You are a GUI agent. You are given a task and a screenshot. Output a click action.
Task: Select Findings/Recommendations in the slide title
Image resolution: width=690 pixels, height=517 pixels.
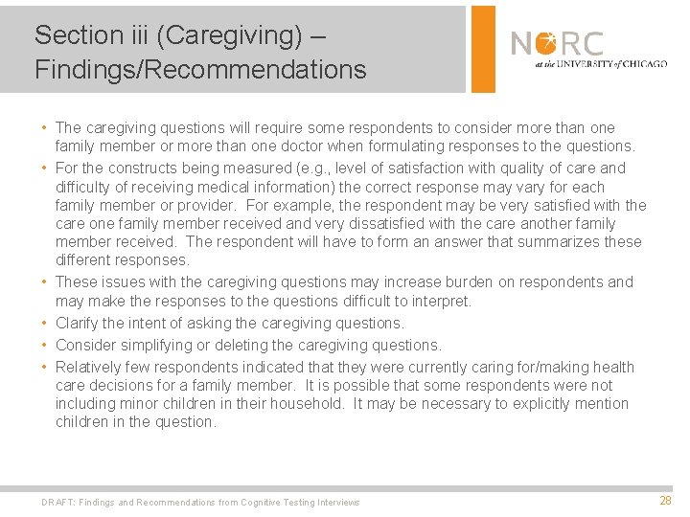click(x=200, y=70)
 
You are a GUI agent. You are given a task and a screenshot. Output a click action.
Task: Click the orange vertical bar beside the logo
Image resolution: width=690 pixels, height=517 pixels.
click(x=483, y=48)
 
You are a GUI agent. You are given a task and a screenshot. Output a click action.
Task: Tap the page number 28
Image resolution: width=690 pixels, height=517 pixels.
click(x=665, y=501)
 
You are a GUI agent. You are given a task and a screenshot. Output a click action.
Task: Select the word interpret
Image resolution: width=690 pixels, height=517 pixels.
click(x=441, y=302)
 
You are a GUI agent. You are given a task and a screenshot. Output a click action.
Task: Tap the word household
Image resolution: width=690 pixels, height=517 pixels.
click(x=305, y=403)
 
